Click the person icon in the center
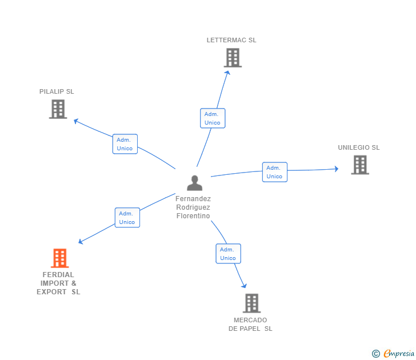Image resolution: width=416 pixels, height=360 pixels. (195, 183)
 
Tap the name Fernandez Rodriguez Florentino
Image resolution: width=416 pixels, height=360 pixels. (193, 207)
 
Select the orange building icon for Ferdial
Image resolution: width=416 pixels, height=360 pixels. (59, 258)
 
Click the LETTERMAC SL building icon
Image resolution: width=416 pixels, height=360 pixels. (233, 58)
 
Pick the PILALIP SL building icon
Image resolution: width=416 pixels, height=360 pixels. (58, 109)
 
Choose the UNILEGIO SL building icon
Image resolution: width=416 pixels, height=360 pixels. (359, 165)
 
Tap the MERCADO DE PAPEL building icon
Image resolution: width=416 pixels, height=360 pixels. (251, 303)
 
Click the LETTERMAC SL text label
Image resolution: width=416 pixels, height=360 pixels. (231, 40)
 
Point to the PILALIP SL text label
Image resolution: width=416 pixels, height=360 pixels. (57, 91)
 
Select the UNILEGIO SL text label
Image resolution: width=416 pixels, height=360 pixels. (358, 147)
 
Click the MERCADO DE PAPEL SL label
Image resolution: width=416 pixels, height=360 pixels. (250, 325)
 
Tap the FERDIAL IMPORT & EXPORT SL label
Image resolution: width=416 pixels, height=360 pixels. (58, 283)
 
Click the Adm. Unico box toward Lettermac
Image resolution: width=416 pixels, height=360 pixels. (213, 118)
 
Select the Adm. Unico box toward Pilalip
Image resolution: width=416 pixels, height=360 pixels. (125, 144)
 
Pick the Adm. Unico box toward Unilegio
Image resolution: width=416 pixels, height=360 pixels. (274, 172)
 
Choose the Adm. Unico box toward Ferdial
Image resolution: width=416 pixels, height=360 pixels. (127, 218)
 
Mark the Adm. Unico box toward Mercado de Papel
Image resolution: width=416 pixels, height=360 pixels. (228, 254)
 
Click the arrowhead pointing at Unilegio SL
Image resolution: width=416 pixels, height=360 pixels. (336, 169)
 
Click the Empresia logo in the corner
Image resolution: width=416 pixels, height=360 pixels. (394, 353)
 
